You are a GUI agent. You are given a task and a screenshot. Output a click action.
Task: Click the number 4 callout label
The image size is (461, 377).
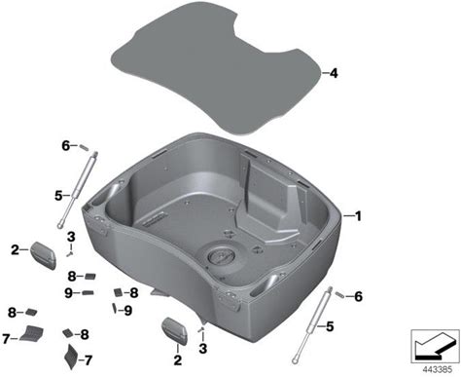[334, 73]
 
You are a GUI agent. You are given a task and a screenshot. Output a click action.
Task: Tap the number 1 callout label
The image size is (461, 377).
[358, 216]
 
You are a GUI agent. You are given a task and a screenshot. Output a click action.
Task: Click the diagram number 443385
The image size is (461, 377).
[437, 369]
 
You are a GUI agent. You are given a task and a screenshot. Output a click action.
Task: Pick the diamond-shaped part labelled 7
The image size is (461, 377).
[70, 357]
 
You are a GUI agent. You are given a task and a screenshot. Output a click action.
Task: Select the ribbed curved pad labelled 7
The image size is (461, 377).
[32, 333]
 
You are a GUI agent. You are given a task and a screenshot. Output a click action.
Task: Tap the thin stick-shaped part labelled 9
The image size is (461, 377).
[115, 308]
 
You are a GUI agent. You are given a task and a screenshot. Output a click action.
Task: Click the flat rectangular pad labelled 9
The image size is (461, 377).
[88, 293]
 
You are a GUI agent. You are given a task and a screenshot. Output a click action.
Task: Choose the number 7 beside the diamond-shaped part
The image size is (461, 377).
[88, 360]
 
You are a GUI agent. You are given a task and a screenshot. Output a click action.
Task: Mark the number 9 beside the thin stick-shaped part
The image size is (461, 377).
[128, 311]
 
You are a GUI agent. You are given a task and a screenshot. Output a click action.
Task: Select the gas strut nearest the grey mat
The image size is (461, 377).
[77, 190]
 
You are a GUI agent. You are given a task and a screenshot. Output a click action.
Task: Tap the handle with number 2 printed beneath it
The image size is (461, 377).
[175, 331]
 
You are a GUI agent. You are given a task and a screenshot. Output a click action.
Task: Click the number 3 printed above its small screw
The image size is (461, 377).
[71, 237]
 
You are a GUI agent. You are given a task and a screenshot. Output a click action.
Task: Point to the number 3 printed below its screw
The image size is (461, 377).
[203, 349]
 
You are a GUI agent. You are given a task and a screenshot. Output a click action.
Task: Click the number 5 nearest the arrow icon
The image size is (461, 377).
[330, 326]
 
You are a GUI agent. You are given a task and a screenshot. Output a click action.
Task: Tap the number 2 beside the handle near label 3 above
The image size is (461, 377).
[15, 249]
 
